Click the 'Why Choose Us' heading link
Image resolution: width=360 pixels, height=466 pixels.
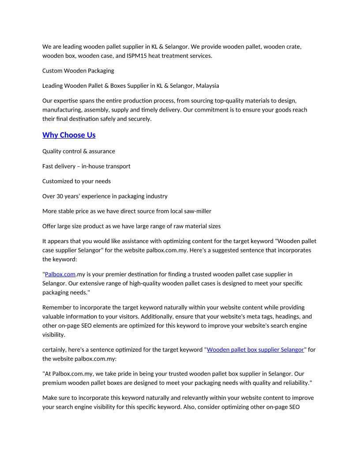point(69,135)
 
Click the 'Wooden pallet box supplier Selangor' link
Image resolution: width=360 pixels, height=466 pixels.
point(255,349)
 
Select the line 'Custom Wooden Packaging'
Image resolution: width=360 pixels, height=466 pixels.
point(78,71)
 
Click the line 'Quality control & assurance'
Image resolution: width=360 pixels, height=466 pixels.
point(79,151)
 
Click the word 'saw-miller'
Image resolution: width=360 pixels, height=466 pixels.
point(197,211)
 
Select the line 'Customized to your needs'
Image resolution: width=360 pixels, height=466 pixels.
point(76,181)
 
